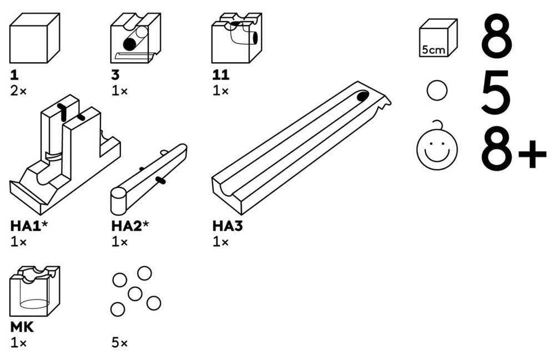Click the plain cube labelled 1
point(35,39)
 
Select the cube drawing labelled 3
point(135,39)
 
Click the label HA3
point(228,226)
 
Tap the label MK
point(22,328)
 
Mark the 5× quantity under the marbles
point(119,343)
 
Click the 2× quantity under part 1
point(18,91)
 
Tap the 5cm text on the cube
point(433,49)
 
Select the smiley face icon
point(438,149)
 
